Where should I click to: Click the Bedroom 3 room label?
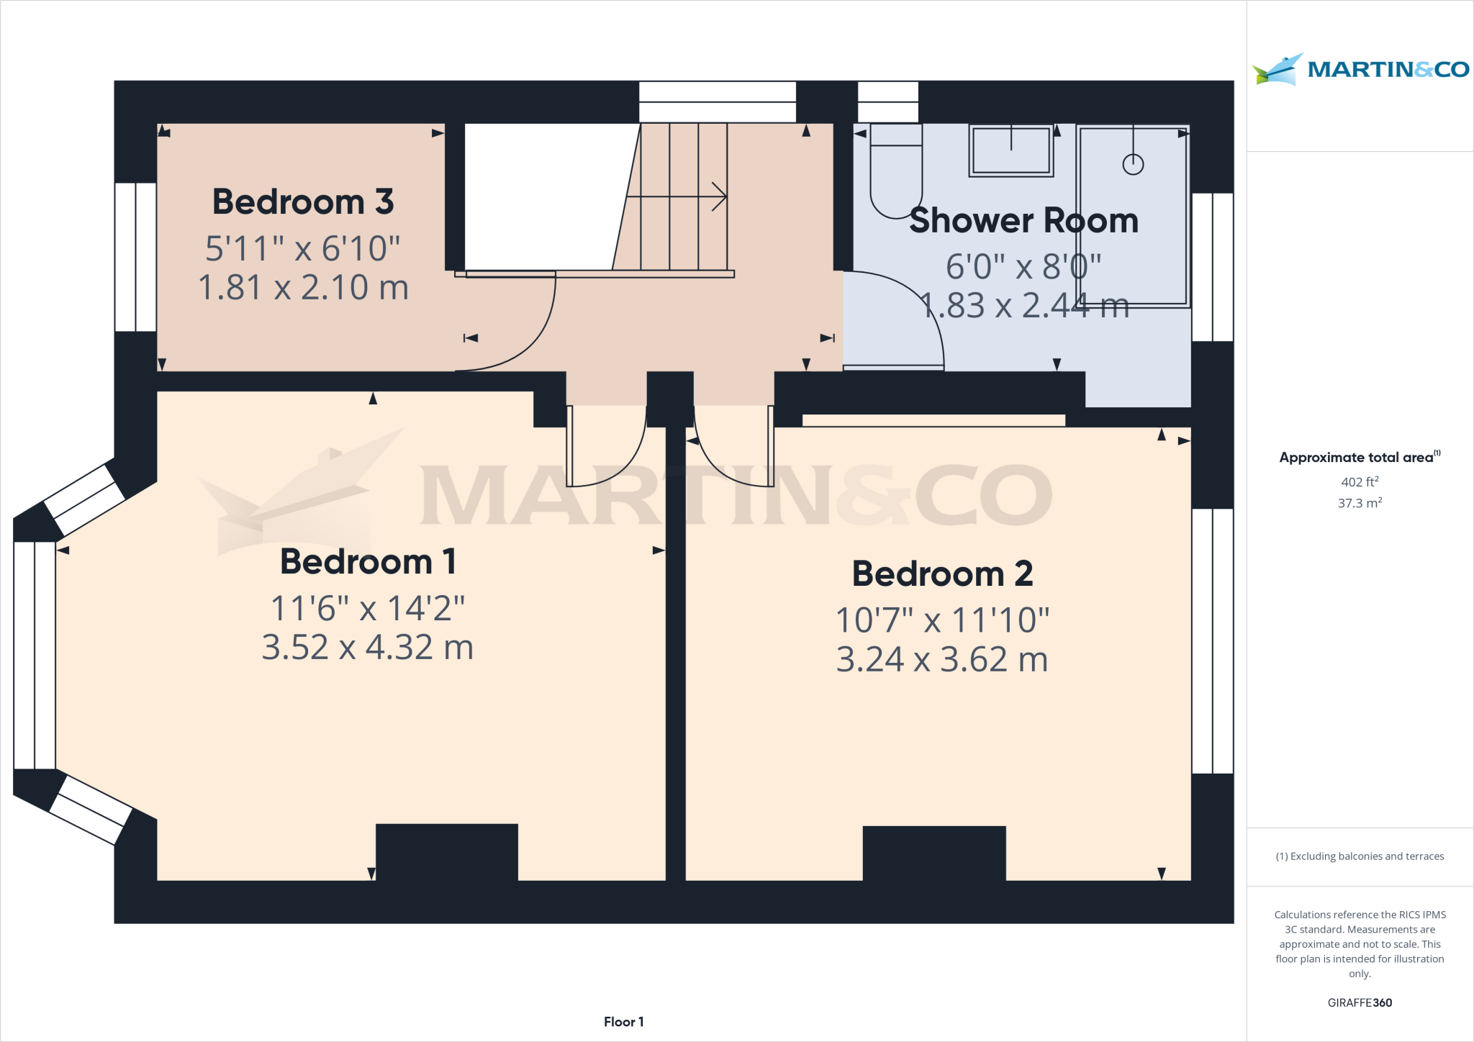(x=303, y=201)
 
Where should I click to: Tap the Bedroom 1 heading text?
(x=368, y=561)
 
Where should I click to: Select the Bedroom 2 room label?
(x=942, y=574)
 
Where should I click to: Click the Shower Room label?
(x=1023, y=220)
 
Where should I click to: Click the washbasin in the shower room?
(x=1010, y=150)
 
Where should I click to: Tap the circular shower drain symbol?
(x=1133, y=165)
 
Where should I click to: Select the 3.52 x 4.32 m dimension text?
(x=368, y=647)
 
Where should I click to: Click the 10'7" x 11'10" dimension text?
(x=942, y=620)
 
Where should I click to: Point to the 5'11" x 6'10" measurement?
(x=303, y=248)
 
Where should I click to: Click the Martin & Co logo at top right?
(x=1360, y=69)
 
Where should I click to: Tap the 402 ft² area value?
(x=1360, y=481)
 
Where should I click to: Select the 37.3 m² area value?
(x=1360, y=503)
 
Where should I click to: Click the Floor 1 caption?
(x=623, y=1022)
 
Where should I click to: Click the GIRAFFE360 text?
(x=1360, y=1002)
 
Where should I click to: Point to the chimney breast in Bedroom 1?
(x=446, y=851)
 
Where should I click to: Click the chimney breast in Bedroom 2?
(x=933, y=853)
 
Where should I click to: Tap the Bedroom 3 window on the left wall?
(x=135, y=257)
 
